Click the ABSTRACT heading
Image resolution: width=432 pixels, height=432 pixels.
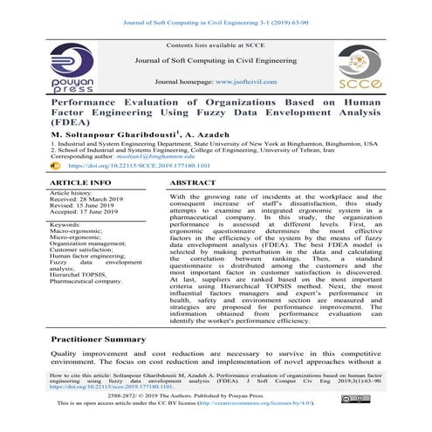(x=193, y=183)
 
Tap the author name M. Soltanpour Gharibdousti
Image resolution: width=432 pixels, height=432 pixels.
(x=105, y=135)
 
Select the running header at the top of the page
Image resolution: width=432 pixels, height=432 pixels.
(x=216, y=9)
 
